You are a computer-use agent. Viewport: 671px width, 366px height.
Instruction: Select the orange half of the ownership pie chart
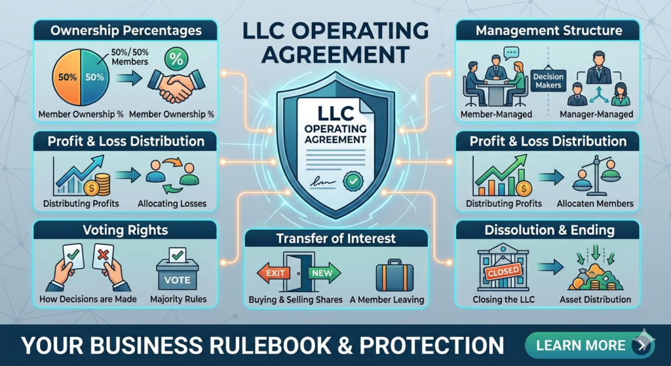click(66, 77)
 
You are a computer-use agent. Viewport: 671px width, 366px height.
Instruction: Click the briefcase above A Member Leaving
click(394, 274)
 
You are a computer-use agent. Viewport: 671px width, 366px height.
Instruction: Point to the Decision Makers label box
click(548, 81)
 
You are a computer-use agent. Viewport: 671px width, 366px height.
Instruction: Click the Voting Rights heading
click(125, 230)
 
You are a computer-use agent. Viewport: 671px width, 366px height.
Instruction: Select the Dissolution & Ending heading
click(549, 230)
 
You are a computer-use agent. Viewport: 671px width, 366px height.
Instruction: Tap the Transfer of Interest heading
click(337, 238)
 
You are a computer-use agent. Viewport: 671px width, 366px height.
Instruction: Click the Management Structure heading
click(548, 31)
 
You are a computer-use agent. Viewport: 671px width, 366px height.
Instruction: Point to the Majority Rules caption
click(178, 300)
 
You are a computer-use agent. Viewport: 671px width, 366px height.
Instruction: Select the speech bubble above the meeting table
click(511, 53)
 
